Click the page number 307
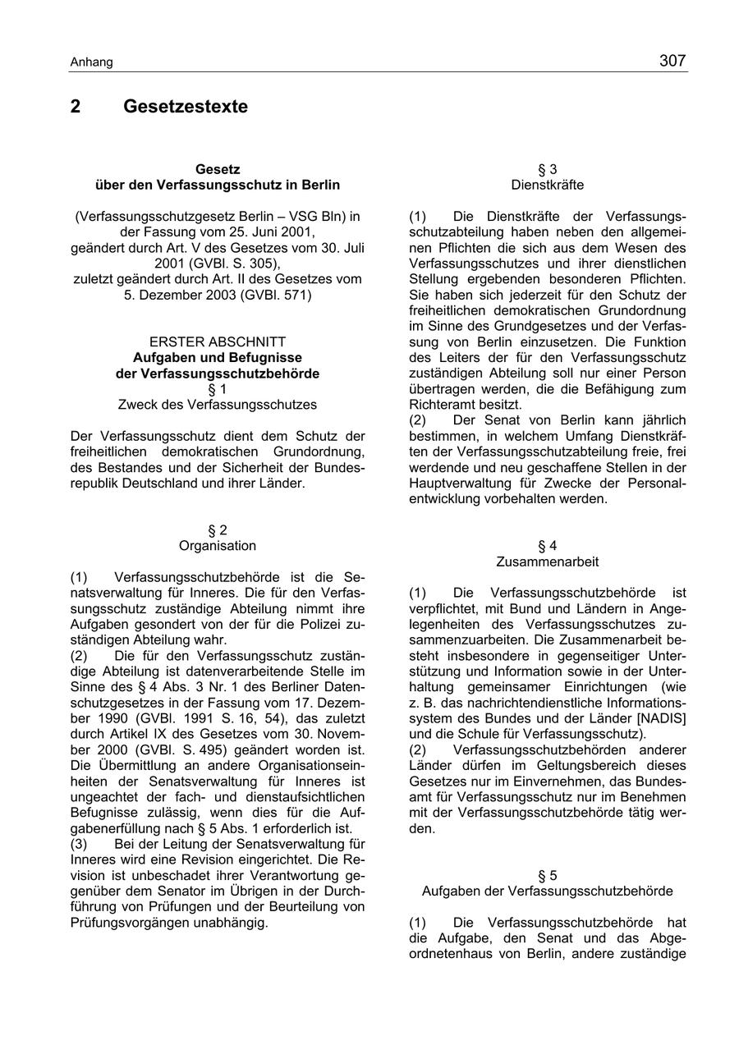[672, 61]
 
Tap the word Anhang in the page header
[91, 62]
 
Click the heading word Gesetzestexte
[185, 107]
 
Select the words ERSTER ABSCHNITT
[218, 341]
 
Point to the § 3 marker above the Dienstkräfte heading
[547, 170]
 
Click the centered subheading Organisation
[218, 546]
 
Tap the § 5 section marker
[547, 875]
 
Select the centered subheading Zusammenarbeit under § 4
[547, 562]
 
